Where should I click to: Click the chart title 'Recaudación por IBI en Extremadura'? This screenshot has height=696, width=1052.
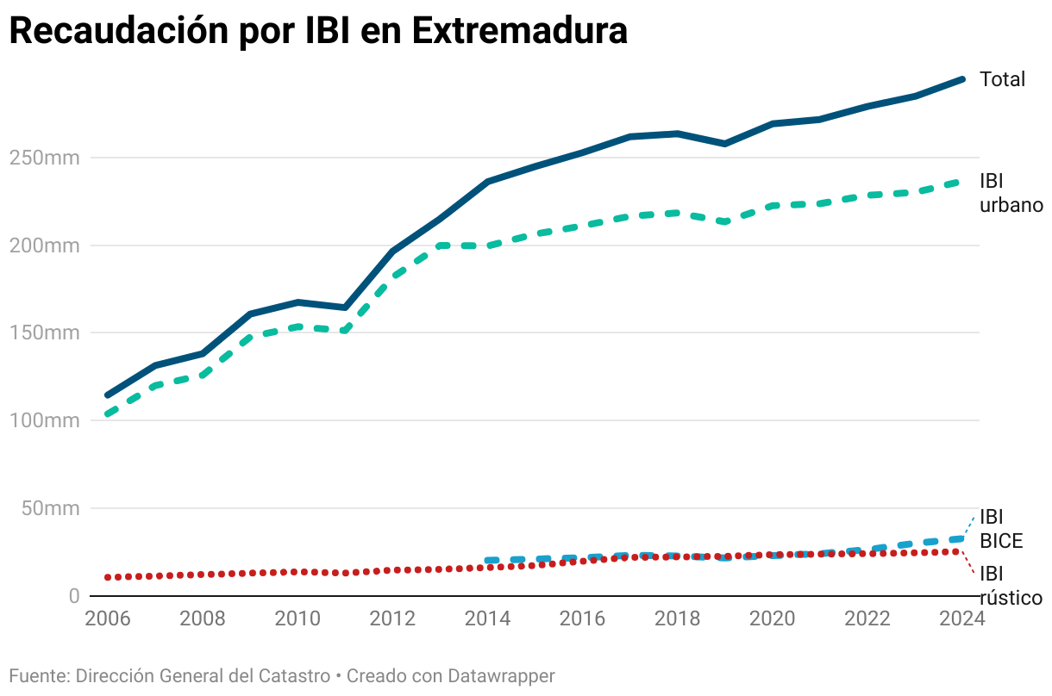(x=317, y=31)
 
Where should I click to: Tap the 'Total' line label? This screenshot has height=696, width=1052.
(x=1002, y=79)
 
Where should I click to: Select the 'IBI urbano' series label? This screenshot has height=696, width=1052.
(x=1011, y=193)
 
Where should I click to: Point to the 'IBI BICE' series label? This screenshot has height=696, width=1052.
(x=1000, y=529)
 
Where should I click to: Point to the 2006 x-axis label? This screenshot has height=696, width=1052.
(x=108, y=619)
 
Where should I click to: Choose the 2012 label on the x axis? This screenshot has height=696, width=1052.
(x=392, y=619)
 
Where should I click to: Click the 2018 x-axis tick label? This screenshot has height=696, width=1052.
(x=677, y=619)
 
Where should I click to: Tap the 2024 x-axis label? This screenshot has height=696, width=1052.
(x=961, y=619)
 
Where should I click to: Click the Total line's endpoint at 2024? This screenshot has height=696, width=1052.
(x=961, y=79)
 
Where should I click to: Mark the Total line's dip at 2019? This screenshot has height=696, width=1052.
(x=724, y=144)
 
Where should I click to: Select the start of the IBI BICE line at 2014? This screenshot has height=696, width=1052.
(x=487, y=561)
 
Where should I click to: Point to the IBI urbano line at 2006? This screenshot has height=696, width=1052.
(x=108, y=414)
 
